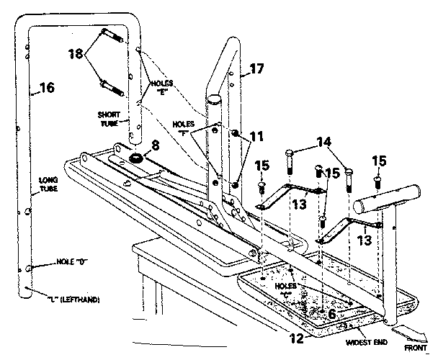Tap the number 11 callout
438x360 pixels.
257,135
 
